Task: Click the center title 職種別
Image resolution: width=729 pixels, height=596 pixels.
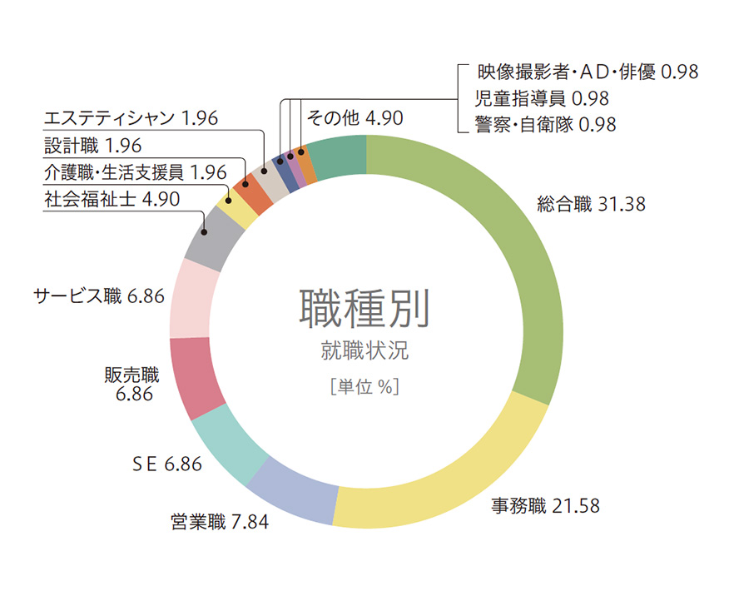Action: pyautogui.click(x=364, y=310)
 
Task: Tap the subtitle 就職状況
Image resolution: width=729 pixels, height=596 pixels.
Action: pyautogui.click(x=364, y=350)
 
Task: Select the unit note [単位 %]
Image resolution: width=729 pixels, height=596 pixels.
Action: pyautogui.click(x=364, y=386)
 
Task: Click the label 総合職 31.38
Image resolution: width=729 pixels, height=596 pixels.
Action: pyautogui.click(x=591, y=204)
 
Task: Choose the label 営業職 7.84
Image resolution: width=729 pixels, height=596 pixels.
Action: pyautogui.click(x=220, y=522)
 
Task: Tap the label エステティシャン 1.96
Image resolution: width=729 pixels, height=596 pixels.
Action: pyautogui.click(x=131, y=118)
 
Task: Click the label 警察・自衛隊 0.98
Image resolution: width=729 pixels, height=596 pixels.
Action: pyautogui.click(x=545, y=125)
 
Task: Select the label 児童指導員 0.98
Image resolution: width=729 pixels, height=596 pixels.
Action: pyautogui.click(x=542, y=98)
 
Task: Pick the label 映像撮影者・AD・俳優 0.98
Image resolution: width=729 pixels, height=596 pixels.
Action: pyautogui.click(x=587, y=72)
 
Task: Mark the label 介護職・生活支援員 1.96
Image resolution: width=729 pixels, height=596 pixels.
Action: pyautogui.click(x=135, y=172)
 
